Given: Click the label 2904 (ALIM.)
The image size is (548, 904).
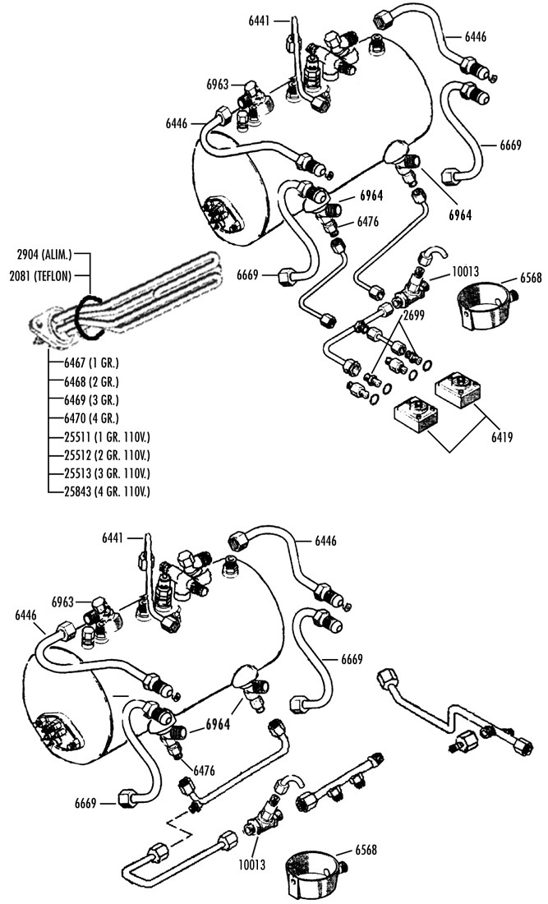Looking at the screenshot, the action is [x=44, y=254].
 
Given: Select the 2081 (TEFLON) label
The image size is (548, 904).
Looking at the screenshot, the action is [x=40, y=276].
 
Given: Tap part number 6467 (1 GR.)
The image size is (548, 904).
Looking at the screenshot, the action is [x=91, y=363].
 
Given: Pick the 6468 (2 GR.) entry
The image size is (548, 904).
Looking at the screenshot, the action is [x=91, y=381].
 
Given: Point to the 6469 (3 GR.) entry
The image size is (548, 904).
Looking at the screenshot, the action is [x=91, y=400].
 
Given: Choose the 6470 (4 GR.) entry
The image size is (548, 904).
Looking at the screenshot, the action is [x=91, y=418].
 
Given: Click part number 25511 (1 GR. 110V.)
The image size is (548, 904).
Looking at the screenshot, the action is [x=107, y=437].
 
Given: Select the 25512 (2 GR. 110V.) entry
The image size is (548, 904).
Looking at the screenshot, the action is [x=107, y=455].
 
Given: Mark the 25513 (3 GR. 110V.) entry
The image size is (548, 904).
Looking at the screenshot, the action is [x=107, y=474].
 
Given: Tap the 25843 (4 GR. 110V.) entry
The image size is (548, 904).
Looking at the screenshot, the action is [x=107, y=492].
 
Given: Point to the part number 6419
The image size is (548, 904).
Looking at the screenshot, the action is [x=502, y=436].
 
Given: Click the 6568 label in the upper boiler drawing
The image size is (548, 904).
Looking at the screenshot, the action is [x=530, y=278].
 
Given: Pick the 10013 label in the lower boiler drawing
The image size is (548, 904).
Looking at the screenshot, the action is [x=251, y=865].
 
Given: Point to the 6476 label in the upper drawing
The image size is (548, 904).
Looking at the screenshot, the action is [x=368, y=221].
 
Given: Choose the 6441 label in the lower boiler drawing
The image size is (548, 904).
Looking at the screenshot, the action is [x=113, y=538].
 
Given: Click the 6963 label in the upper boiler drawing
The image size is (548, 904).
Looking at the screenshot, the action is [x=218, y=85].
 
